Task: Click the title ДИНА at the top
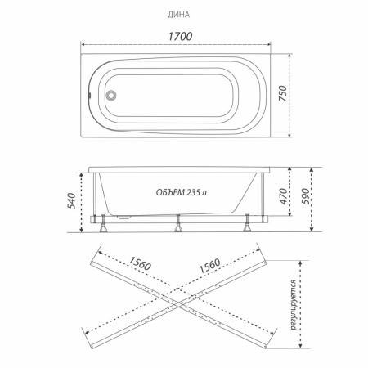coord(178,15)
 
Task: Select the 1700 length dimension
coord(180,36)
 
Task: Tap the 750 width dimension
coord(283,93)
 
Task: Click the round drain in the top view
coord(111,96)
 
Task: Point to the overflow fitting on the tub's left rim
coord(89,95)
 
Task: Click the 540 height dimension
coord(71,201)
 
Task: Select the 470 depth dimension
coord(284,196)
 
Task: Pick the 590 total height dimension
coord(305,196)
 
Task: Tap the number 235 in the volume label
coord(193,192)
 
